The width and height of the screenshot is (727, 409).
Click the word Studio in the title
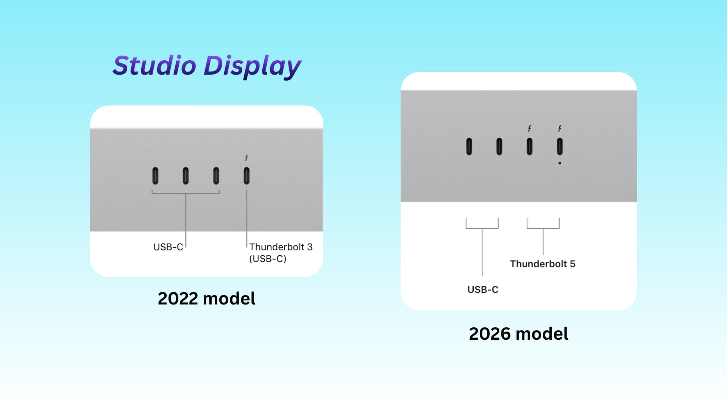[154, 65]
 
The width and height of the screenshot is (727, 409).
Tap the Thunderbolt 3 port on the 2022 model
[246, 176]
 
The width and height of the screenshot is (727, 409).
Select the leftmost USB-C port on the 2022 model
[155, 176]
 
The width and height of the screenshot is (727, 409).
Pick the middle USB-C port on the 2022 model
[186, 176]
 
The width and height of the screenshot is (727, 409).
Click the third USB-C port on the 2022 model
[216, 176]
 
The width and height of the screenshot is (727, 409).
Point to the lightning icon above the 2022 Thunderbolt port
[246, 158]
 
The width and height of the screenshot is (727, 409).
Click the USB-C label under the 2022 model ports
[168, 247]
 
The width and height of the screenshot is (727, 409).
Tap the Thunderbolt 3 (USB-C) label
[281, 253]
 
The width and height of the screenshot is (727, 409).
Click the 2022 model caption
[207, 298]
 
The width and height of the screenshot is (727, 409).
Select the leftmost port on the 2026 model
[469, 147]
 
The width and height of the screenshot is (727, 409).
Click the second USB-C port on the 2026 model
[499, 147]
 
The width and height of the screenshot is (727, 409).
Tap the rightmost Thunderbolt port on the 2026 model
[560, 147]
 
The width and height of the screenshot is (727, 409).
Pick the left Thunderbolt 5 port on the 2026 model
[529, 147]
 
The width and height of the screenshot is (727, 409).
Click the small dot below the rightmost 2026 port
[560, 163]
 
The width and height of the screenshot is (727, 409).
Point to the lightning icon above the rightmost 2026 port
[560, 128]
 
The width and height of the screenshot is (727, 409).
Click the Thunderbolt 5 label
[543, 264]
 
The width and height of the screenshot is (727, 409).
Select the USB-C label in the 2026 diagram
[483, 290]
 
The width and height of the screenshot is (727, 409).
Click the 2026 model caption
[519, 334]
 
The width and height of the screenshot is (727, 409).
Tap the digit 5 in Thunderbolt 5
[573, 264]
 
